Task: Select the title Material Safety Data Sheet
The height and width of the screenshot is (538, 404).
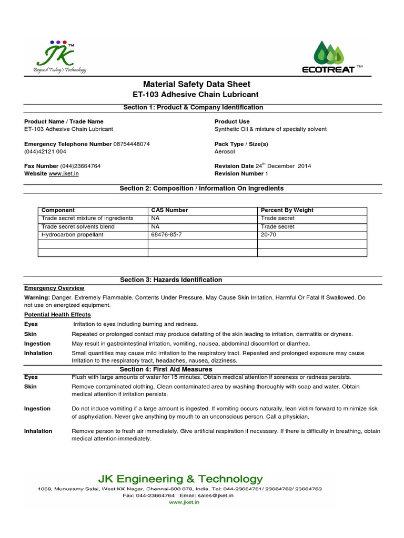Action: click(197, 84)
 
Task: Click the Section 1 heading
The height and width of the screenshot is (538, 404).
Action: click(193, 107)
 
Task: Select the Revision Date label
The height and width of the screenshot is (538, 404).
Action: click(234, 166)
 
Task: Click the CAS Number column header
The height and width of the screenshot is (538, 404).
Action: click(169, 210)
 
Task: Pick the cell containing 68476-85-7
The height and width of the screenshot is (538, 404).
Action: click(167, 235)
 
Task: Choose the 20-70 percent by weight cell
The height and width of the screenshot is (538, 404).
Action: click(269, 235)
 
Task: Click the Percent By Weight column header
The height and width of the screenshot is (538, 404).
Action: click(287, 210)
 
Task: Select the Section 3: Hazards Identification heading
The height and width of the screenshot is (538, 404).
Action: click(171, 280)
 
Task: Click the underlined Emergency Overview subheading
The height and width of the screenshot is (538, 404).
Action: click(54, 288)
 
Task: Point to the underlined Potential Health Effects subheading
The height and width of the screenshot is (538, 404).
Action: click(57, 315)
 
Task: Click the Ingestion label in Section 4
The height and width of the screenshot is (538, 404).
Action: click(37, 409)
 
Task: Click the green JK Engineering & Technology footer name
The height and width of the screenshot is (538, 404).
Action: click(180, 479)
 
